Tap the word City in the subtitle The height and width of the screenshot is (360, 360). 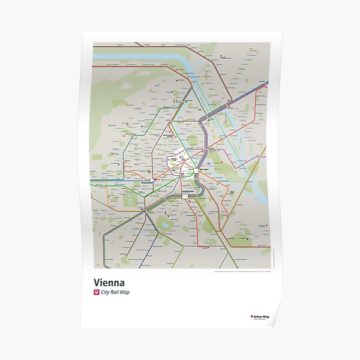pos(109,292)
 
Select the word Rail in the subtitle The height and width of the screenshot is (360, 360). pos(119,292)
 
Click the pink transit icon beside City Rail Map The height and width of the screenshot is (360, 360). pos(97,292)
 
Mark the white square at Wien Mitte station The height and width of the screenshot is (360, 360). pos(196,171)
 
